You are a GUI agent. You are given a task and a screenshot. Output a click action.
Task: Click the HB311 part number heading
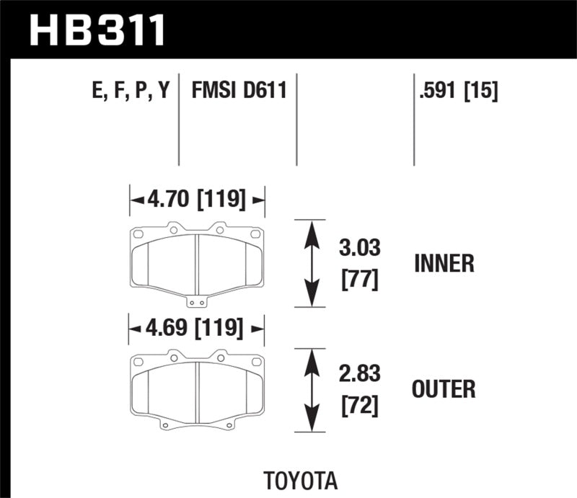pyautogui.click(x=98, y=30)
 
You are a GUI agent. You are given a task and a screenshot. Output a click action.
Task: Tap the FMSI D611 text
pyautogui.click(x=239, y=92)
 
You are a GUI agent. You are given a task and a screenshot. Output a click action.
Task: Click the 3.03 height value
pyautogui.click(x=359, y=250)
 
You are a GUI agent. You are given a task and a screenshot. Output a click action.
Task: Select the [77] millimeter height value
pyautogui.click(x=359, y=278)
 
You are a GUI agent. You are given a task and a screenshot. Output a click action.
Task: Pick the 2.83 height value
pyautogui.click(x=359, y=375)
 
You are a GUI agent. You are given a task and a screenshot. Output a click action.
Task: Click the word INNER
pyautogui.click(x=444, y=264)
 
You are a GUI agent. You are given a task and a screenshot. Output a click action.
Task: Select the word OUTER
pyautogui.click(x=444, y=390)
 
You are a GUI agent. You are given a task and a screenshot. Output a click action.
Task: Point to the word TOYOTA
pyautogui.click(x=300, y=480)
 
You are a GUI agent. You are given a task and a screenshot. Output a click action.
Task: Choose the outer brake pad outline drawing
pyautogui.click(x=197, y=389)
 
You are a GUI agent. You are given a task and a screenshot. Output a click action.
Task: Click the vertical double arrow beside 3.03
pyautogui.click(x=311, y=264)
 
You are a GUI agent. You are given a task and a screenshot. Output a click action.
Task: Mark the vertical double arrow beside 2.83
pyautogui.click(x=311, y=390)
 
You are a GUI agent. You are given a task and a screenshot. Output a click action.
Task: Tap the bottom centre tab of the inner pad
pyautogui.click(x=197, y=302)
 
